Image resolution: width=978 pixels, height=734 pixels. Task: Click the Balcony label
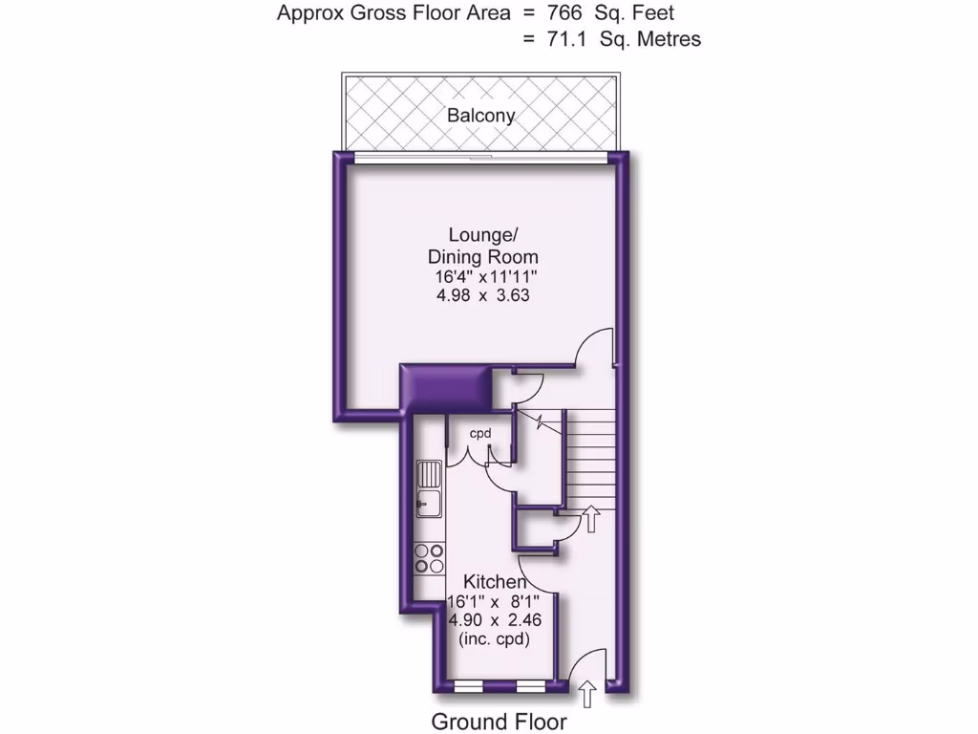tap(481, 116)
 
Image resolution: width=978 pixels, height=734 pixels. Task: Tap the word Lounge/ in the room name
tap(482, 235)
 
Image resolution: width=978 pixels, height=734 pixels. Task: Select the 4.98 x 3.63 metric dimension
tap(481, 296)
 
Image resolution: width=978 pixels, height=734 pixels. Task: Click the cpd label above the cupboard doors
tap(479, 433)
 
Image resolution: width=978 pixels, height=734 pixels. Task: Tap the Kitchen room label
tap(494, 582)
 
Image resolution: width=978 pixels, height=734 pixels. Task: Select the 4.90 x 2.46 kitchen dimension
tap(494, 619)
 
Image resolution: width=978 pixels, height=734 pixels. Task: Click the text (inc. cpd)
tap(494, 637)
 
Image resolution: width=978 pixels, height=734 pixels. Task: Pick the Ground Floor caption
tap(499, 722)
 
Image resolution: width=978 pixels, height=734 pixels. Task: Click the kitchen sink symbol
tap(430, 487)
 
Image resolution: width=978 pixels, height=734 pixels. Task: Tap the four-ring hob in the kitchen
tap(430, 558)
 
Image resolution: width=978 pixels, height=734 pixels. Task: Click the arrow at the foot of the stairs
tap(590, 518)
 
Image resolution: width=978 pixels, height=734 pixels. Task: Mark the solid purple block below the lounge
tap(444, 386)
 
